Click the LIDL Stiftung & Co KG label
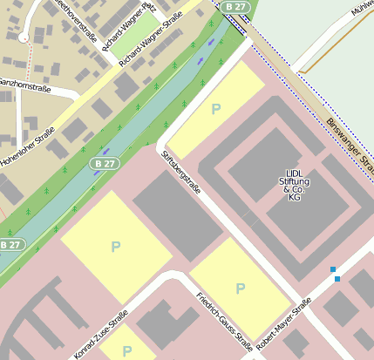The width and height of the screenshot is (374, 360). point(293,186)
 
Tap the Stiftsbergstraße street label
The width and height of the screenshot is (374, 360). point(180,173)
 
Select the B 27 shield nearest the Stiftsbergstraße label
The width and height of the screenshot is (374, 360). point(104,163)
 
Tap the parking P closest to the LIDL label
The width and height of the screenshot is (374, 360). point(216,108)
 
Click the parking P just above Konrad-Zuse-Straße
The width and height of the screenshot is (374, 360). point(114,247)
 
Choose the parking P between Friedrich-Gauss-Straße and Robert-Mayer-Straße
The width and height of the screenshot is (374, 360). point(240,288)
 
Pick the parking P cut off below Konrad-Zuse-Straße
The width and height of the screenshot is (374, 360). point(127,350)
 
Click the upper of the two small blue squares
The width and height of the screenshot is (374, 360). point(333,269)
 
